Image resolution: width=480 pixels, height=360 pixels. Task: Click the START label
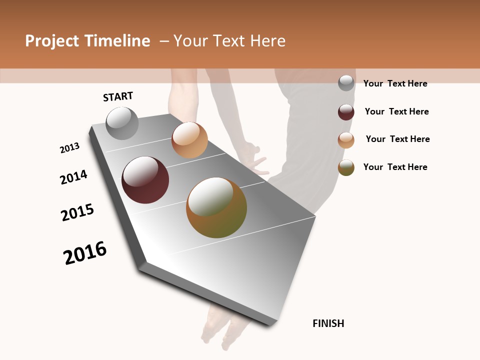pyautogui.click(x=118, y=96)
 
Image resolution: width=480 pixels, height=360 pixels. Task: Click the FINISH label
pyautogui.click(x=328, y=323)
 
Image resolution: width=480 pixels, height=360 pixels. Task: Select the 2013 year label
pyautogui.click(x=69, y=148)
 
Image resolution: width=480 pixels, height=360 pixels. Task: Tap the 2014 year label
pyautogui.click(x=73, y=177)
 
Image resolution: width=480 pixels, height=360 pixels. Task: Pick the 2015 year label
pyautogui.click(x=77, y=212)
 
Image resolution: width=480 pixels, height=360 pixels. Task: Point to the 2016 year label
pyautogui.click(x=85, y=253)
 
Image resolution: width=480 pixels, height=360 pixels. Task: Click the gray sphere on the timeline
pyautogui.click(x=122, y=123)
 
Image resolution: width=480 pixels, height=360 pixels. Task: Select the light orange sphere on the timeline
pyautogui.click(x=189, y=140)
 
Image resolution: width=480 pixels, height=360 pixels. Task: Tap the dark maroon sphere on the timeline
pyautogui.click(x=145, y=180)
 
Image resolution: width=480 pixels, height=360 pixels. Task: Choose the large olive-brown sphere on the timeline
pyautogui.click(x=216, y=207)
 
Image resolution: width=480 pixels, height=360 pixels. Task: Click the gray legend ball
pyautogui.click(x=346, y=83)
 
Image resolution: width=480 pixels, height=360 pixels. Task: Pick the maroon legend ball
pyautogui.click(x=346, y=112)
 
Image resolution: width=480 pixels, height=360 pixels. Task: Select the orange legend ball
pyautogui.click(x=346, y=140)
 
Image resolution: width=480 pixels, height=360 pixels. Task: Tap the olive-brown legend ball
pyautogui.click(x=346, y=167)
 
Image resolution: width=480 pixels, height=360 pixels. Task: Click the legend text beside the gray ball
pyautogui.click(x=395, y=83)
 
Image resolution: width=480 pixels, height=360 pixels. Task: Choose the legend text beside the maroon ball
pyautogui.click(x=396, y=111)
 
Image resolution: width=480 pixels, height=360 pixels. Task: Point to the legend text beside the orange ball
pyautogui.click(x=397, y=139)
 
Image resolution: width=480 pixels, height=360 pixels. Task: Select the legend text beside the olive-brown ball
pyautogui.click(x=395, y=167)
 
